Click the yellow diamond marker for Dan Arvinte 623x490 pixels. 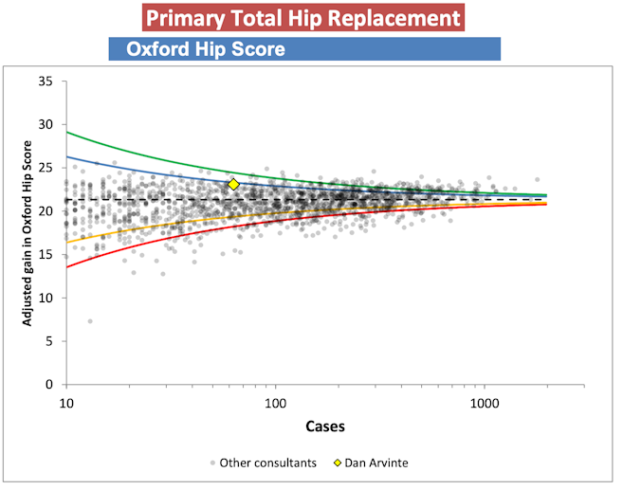point(233,184)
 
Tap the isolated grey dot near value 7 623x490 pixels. point(90,321)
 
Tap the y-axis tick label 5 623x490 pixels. point(49,341)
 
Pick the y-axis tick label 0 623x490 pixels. point(49,385)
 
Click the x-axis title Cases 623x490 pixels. point(325,426)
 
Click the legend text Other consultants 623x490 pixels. point(261,463)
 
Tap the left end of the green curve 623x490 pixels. point(67,132)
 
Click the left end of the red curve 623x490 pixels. point(67,266)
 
